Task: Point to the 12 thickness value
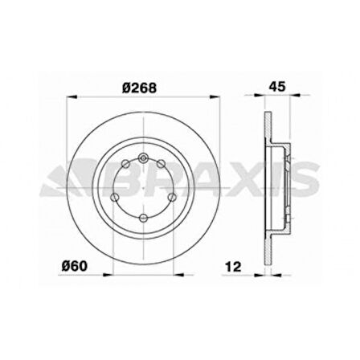click(x=233, y=266)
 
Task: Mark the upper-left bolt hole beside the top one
click(x=125, y=166)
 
